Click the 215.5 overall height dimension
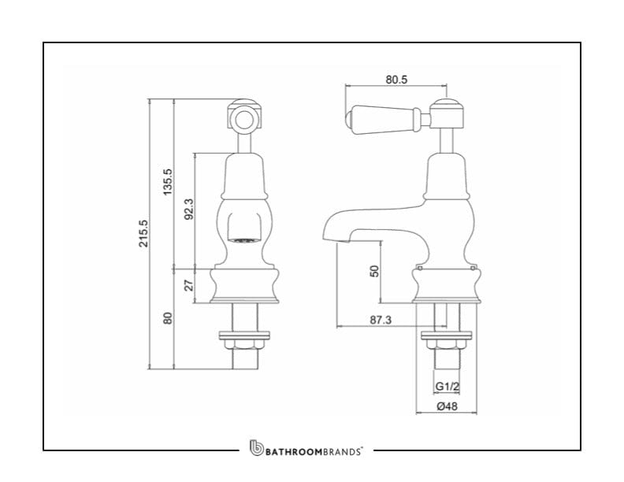tap(143, 234)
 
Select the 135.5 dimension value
tap(168, 183)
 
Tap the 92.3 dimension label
tap(188, 210)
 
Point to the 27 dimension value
tap(188, 285)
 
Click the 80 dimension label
tap(168, 319)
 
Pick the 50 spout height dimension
tap(375, 270)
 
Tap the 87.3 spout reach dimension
tap(381, 321)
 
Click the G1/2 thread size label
tap(447, 386)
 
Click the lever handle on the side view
tap(385, 117)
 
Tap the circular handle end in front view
tap(244, 120)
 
